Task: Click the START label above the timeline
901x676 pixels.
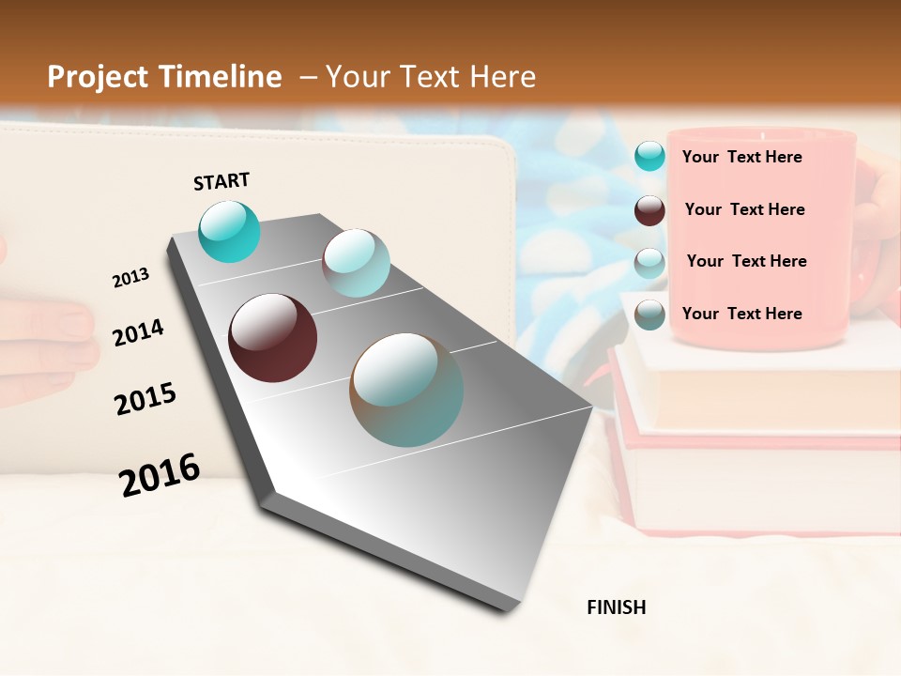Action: coord(221,181)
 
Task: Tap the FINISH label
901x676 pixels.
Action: coord(616,607)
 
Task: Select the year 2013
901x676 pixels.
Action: coord(130,278)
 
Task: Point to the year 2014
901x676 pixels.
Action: coord(138,332)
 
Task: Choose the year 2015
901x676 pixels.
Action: coord(145,399)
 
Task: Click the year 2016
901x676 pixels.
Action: coord(160,474)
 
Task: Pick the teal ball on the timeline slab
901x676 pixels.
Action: coord(229,231)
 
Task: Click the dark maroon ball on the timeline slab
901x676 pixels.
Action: coord(272,338)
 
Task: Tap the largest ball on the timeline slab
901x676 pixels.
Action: coord(406,390)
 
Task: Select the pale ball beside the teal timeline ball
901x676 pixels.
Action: coord(356,263)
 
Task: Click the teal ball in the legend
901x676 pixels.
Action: coord(649,156)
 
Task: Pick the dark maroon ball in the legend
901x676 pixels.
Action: coord(649,210)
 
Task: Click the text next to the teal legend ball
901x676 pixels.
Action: coord(741,157)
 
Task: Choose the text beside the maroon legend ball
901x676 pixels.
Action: coord(744,209)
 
